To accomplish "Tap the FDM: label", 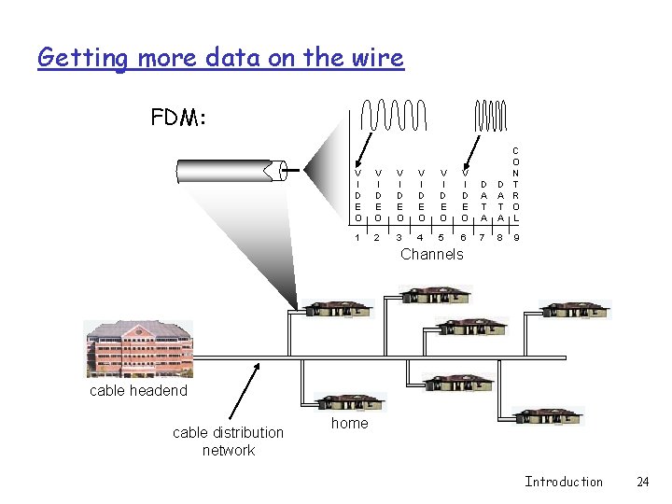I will [x=178, y=119].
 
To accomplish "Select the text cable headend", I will [x=138, y=390].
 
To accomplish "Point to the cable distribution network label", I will [x=228, y=441].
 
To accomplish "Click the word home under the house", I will [x=350, y=423].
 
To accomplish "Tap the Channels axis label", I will [x=431, y=254].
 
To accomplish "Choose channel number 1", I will [x=358, y=238].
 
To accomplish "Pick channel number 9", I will [x=516, y=238].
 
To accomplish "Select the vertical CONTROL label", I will [x=516, y=183].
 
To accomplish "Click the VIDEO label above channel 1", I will [x=358, y=194].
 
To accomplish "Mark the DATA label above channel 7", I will [x=483, y=200].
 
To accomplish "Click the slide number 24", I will [x=642, y=482].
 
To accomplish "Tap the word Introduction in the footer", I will [x=564, y=482].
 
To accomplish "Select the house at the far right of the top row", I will [x=576, y=309].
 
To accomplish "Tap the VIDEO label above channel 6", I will [x=465, y=194].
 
